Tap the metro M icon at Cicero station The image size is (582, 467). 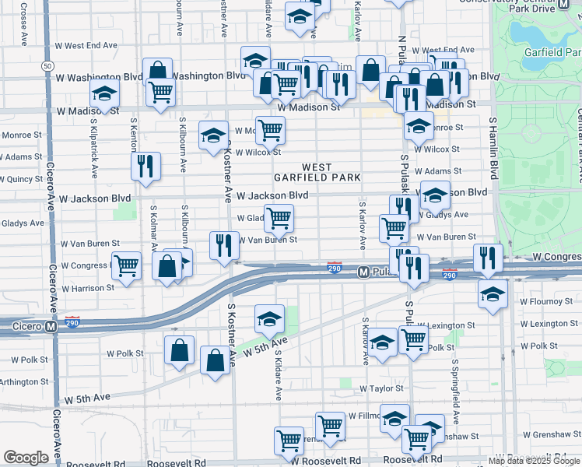point(51,327)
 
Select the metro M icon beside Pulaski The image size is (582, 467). point(363,272)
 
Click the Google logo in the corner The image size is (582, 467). point(26,458)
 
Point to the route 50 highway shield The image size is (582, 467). point(48,65)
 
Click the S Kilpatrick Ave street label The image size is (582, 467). point(93,149)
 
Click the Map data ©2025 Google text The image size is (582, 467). point(534,460)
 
